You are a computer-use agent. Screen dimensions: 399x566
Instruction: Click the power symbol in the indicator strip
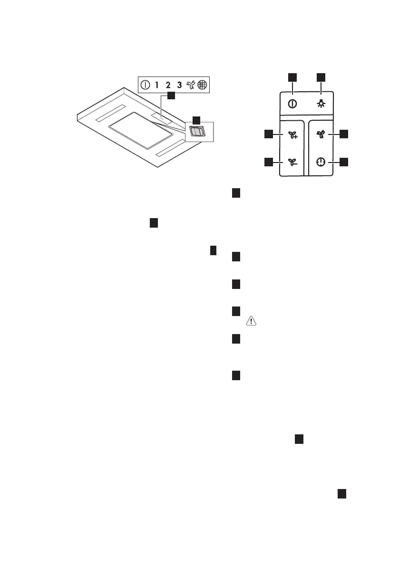(x=145, y=86)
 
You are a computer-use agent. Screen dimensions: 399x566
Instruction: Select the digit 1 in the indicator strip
(x=157, y=86)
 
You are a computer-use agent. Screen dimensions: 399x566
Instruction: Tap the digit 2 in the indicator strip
(x=168, y=86)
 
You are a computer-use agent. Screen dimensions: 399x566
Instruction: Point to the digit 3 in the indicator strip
(x=179, y=86)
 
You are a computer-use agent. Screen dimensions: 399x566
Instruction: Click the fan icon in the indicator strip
(x=191, y=86)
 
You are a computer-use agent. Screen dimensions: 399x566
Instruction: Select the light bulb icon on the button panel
(x=321, y=104)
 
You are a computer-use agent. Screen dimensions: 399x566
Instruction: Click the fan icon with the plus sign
(x=292, y=135)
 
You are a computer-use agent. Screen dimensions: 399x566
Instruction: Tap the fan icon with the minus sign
(x=292, y=163)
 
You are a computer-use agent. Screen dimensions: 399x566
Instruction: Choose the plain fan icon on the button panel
(x=321, y=134)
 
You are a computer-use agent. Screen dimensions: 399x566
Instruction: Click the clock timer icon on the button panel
(x=321, y=162)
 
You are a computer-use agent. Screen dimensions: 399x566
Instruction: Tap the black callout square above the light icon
(x=321, y=77)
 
